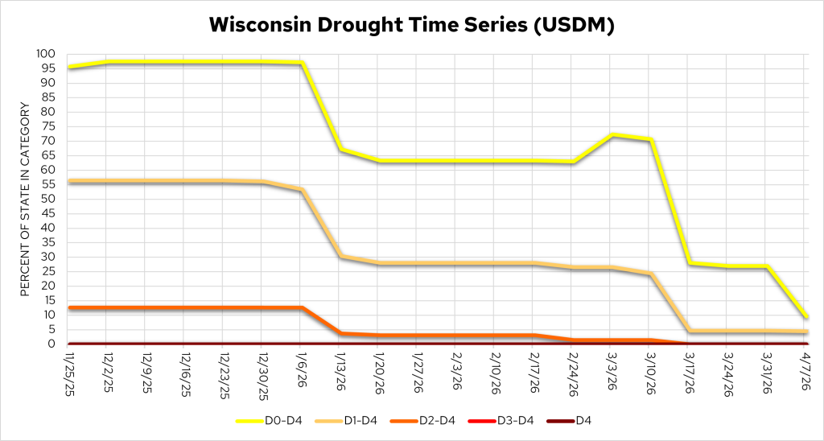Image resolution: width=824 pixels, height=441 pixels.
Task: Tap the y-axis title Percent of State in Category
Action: click(x=25, y=199)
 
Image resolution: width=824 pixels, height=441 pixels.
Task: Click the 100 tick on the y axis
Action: click(x=47, y=54)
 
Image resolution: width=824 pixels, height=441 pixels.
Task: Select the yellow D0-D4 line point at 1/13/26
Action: click(x=340, y=150)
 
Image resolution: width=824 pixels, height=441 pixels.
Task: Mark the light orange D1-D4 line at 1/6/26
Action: click(x=301, y=190)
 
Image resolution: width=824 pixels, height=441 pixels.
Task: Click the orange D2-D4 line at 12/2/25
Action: click(x=106, y=307)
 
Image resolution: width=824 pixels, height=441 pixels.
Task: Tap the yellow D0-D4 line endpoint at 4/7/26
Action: click(x=806, y=316)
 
